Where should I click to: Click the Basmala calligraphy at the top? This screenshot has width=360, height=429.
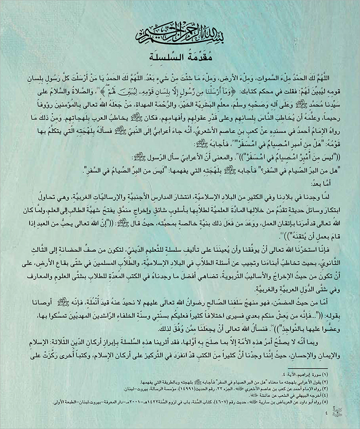pyautogui.click(x=180, y=36)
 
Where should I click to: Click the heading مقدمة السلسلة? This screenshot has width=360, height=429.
pyautogui.click(x=180, y=58)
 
